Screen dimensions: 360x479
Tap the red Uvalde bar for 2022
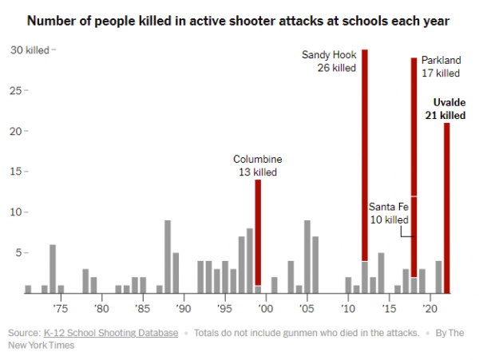(447, 208)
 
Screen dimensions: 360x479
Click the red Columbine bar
(258, 231)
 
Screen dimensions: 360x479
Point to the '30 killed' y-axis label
(30, 50)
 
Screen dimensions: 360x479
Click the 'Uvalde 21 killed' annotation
(449, 109)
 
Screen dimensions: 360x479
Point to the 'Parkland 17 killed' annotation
(441, 67)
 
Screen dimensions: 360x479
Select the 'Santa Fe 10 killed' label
(390, 213)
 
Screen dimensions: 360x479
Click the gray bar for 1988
(168, 256)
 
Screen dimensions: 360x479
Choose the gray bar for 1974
(53, 269)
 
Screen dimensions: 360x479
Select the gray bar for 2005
(307, 256)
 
